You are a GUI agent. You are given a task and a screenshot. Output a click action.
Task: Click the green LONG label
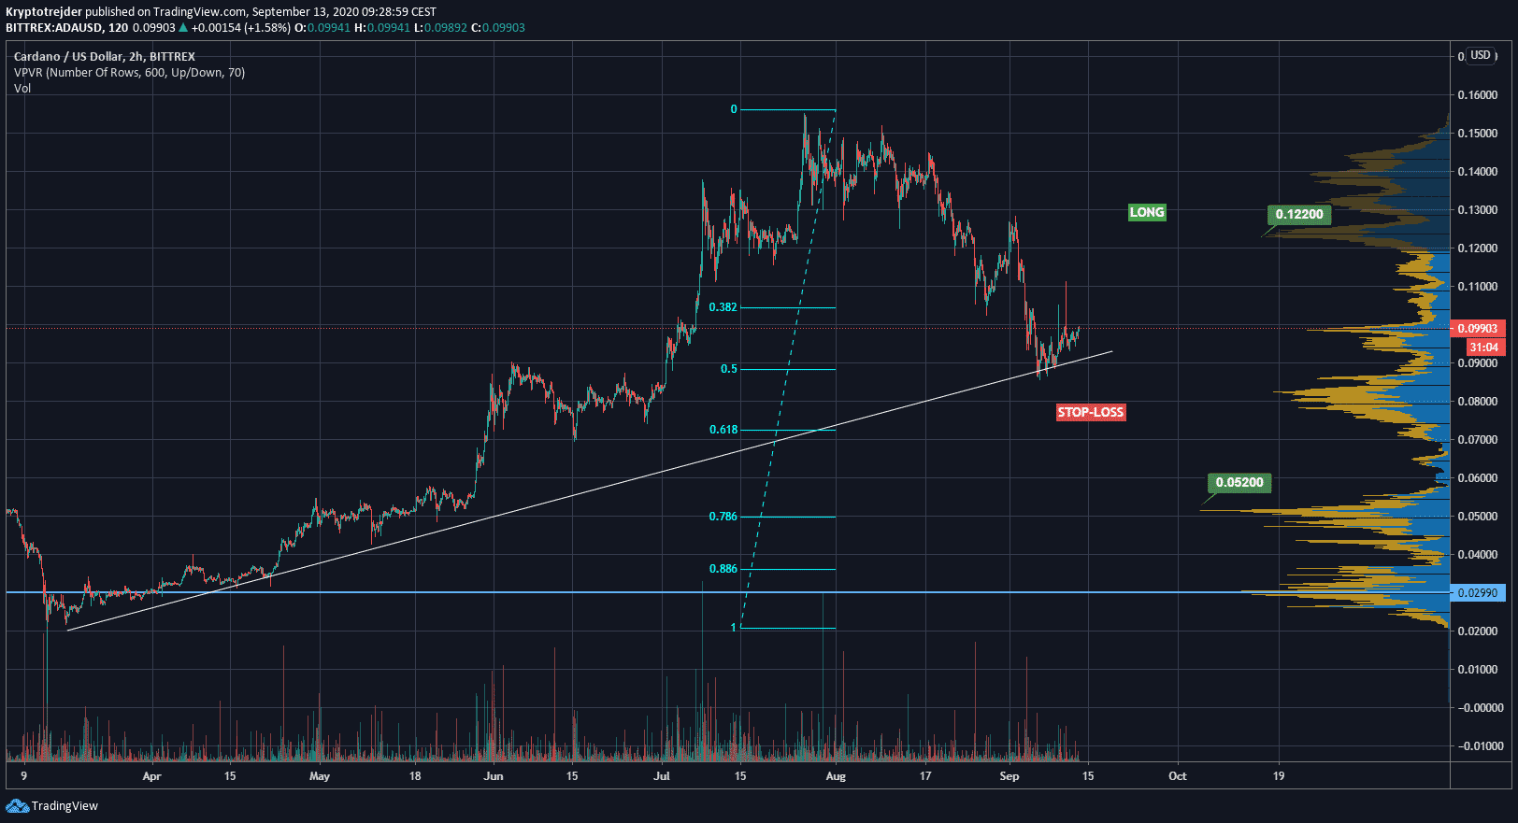(x=1147, y=212)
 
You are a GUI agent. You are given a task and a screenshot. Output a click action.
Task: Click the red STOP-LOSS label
(x=1091, y=412)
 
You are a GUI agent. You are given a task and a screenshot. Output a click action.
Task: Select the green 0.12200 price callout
(x=1299, y=214)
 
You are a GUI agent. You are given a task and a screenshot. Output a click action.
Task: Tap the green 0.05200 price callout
(x=1239, y=482)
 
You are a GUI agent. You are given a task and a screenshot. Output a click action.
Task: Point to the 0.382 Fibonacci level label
(x=723, y=307)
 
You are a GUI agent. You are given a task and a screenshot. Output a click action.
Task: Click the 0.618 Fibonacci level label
(x=723, y=430)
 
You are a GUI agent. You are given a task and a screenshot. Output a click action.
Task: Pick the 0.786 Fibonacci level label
(x=723, y=517)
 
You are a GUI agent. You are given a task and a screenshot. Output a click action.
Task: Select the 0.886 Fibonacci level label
(x=723, y=569)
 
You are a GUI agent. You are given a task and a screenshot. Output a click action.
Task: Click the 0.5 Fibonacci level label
(x=728, y=369)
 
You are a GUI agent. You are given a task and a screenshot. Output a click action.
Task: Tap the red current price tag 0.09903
(x=1478, y=329)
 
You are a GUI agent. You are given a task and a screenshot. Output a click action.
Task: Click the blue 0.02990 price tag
(x=1478, y=593)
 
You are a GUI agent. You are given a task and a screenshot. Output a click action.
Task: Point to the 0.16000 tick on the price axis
(x=1478, y=95)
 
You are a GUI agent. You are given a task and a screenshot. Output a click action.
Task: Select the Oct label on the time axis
(x=1178, y=776)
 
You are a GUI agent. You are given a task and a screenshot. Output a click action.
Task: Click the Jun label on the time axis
(x=494, y=776)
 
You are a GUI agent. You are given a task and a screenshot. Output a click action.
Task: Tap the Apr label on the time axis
(x=151, y=776)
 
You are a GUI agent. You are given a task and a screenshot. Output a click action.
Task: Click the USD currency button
(x=1481, y=55)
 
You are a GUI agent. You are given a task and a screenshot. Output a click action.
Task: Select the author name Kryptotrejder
(x=44, y=12)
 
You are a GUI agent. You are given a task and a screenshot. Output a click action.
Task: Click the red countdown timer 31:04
(x=1483, y=348)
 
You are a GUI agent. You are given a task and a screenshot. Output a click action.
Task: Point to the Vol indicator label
(x=22, y=89)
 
